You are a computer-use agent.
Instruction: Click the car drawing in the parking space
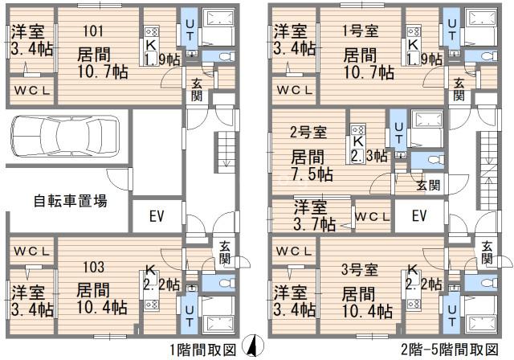65,135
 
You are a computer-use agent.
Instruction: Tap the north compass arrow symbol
253,346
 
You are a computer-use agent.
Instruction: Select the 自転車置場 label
70,201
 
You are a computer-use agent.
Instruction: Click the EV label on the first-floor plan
157,215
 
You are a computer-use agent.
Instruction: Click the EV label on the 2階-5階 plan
419,215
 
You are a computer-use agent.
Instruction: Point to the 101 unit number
93,31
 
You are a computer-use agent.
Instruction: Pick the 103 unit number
93,268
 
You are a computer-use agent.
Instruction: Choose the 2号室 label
308,132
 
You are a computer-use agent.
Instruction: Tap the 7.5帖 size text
312,174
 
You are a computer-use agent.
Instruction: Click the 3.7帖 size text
314,224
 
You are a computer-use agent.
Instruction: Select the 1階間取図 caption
203,350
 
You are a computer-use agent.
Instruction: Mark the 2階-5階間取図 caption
450,350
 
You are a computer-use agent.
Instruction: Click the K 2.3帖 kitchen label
369,149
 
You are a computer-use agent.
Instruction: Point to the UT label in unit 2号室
398,133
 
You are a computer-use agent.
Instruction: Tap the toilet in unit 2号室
434,161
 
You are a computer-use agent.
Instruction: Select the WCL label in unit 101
32,90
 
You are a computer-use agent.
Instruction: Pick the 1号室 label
360,31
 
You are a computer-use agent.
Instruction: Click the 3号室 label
360,269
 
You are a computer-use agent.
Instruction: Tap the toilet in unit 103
225,283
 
